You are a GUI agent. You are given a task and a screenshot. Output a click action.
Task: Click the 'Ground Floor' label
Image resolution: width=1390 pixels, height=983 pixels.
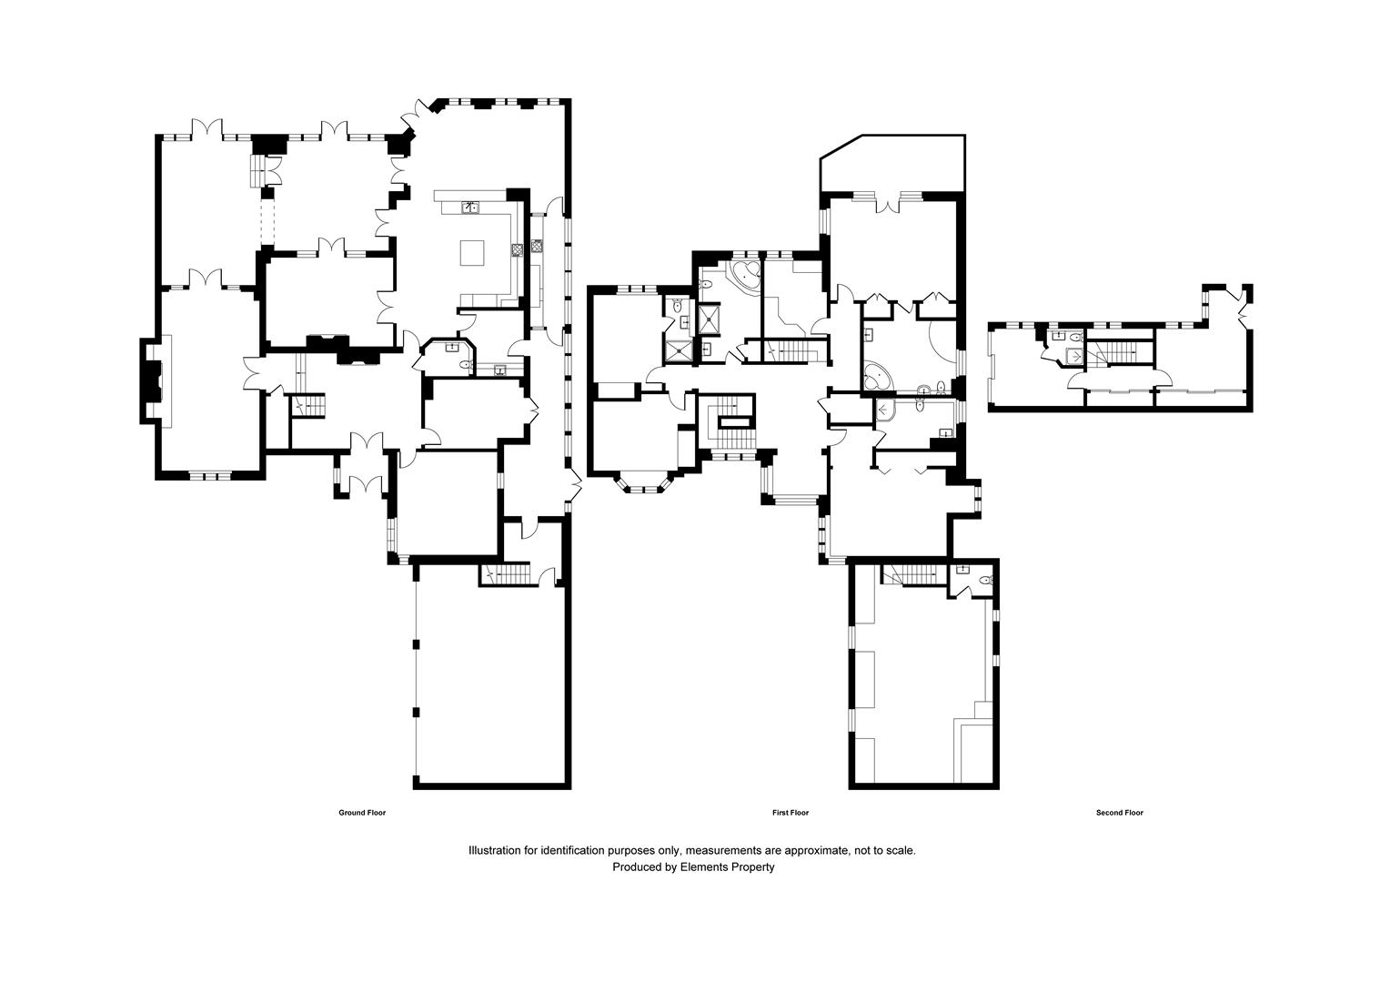(362, 813)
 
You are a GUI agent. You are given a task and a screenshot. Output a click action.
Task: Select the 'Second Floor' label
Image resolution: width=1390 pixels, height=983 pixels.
(1119, 813)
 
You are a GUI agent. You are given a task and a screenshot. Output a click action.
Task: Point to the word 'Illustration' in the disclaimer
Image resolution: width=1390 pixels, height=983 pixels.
(495, 850)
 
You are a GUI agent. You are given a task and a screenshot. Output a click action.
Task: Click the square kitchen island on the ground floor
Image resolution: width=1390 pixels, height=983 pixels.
(472, 251)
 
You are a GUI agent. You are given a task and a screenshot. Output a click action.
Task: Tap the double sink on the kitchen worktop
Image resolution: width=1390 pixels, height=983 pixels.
(470, 207)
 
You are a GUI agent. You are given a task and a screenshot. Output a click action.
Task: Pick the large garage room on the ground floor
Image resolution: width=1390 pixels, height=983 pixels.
(491, 683)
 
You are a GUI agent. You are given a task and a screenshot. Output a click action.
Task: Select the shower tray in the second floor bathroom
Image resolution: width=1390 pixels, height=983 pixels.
(1075, 356)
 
